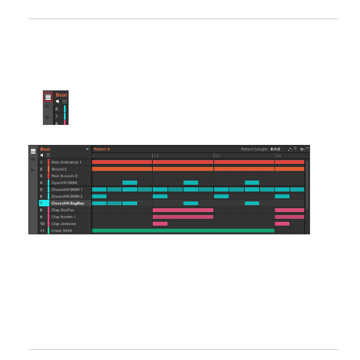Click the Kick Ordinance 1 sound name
coord(66,162)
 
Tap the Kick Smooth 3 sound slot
coord(64,176)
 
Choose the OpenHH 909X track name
coord(64,183)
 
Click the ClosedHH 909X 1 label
coord(67,189)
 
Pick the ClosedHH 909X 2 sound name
coord(67,196)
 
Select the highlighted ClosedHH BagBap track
coord(67,203)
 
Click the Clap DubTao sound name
coord(63,210)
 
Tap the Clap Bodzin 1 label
coord(64,217)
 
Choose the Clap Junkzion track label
coord(64,224)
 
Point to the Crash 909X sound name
coord(62,231)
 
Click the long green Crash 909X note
coord(183,231)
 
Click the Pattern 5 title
coord(102,149)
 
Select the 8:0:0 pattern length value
coord(275,149)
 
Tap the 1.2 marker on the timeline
coord(156,156)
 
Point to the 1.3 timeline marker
coord(217,156)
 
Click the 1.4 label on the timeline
coord(278,156)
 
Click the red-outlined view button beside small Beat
coord(48,97)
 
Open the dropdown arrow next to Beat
coord(87,149)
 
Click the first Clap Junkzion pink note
coord(160,224)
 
